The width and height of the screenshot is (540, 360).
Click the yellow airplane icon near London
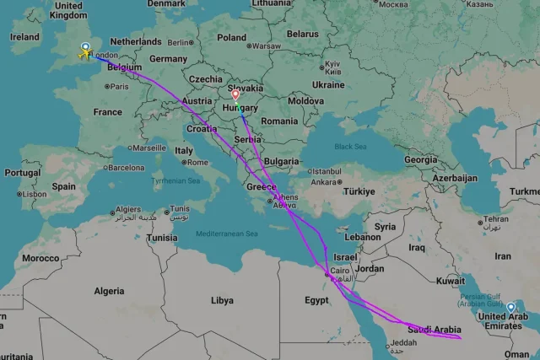coord(84,55)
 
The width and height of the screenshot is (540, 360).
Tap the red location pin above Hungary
coord(235,95)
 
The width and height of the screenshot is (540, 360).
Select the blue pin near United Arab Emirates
coord(511,307)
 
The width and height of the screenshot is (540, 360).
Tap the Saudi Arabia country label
coord(434,329)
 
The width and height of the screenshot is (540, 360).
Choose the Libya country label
coord(222,300)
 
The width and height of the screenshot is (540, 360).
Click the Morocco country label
coord(40,257)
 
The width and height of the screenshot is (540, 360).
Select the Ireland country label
coord(24,37)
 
